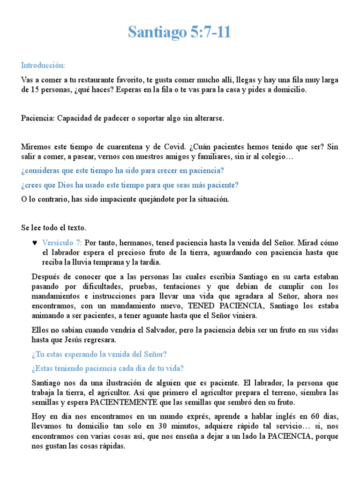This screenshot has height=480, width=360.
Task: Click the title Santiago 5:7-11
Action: [180, 32]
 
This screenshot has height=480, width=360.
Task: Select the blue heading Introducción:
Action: [43, 65]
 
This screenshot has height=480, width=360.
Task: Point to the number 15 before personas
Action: [34, 90]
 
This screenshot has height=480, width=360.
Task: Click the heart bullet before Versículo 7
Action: [34, 243]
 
